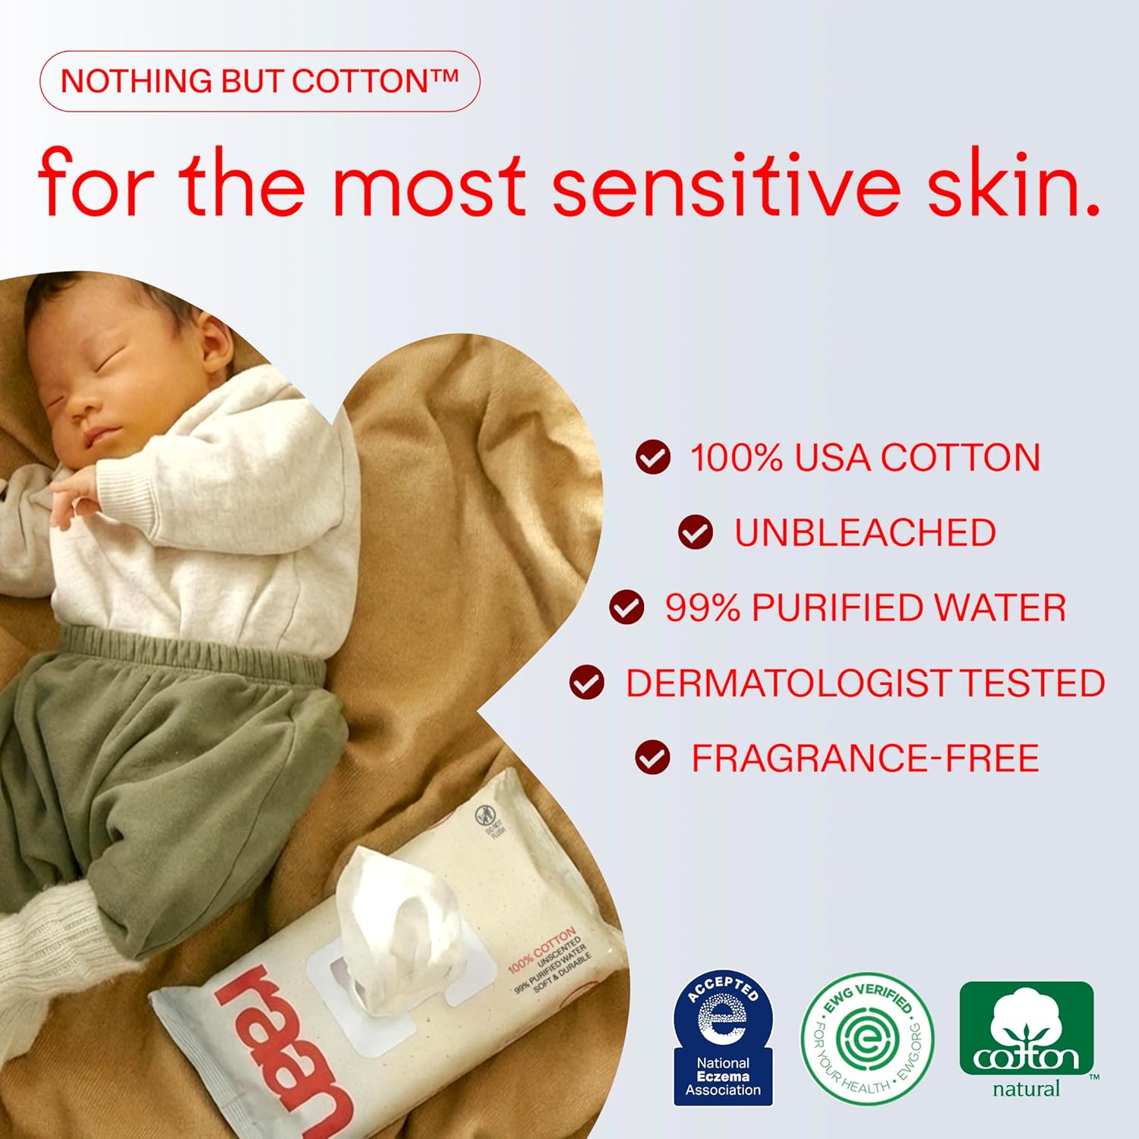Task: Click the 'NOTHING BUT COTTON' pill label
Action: click(x=259, y=81)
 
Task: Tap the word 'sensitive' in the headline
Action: click(x=726, y=185)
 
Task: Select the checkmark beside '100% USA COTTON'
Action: click(x=653, y=458)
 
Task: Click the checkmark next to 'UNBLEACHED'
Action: click(x=696, y=532)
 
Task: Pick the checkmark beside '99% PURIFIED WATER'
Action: click(x=626, y=607)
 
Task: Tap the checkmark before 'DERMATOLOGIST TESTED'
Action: click(x=587, y=682)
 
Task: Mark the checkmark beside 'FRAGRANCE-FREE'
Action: click(x=653, y=758)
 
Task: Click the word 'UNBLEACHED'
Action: click(x=865, y=533)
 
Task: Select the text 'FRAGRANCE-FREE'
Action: click(x=865, y=759)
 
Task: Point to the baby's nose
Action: click(x=81, y=414)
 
